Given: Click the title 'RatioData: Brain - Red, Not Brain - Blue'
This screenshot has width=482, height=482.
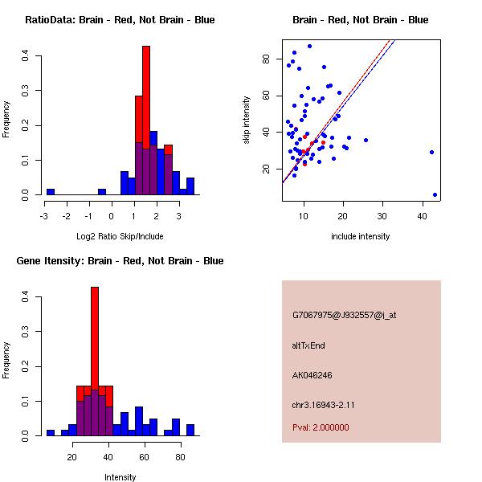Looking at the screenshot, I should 120,20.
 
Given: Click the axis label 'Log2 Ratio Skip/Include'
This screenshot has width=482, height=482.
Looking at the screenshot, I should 120,236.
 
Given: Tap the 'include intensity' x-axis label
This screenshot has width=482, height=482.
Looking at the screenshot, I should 361,236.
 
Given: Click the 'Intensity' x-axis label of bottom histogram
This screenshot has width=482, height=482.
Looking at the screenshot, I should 120,477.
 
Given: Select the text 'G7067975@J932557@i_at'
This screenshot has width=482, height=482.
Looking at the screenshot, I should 344,315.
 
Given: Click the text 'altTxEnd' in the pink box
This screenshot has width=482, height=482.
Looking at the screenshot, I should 308,345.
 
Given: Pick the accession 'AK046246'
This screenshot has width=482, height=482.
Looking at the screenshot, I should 312,375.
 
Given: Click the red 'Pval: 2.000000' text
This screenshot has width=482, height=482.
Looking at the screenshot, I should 321,428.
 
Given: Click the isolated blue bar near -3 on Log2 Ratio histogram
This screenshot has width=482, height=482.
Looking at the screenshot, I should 51,192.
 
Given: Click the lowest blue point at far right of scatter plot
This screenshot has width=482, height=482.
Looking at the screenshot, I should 435,194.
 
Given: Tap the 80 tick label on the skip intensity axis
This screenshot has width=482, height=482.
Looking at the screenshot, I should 264,59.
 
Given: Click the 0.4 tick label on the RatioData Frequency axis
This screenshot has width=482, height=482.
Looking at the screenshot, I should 26,55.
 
